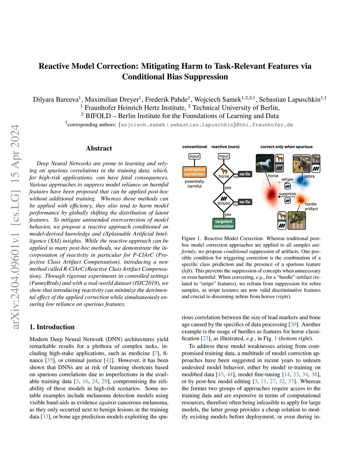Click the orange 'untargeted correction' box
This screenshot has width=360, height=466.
click(194, 172)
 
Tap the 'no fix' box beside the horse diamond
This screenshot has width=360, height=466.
click(245, 174)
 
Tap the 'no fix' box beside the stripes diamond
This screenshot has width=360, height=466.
click(245, 202)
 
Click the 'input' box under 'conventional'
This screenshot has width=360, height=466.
click(194, 156)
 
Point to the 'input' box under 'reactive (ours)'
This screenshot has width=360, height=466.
click(224, 156)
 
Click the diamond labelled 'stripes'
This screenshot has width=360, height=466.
click(224, 201)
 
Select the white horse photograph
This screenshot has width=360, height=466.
click(265, 163)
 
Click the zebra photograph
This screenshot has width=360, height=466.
click(302, 163)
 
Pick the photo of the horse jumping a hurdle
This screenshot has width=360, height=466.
click(296, 221)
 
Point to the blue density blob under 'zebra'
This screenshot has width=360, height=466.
click(301, 180)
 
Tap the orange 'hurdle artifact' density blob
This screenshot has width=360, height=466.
click(301, 200)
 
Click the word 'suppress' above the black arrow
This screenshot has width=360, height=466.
click(287, 194)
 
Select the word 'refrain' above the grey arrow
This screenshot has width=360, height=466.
click(287, 179)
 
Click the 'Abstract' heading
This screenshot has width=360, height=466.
click(99, 148)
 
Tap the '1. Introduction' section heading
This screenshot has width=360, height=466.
click(52, 327)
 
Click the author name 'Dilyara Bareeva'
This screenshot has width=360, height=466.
click(56, 100)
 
